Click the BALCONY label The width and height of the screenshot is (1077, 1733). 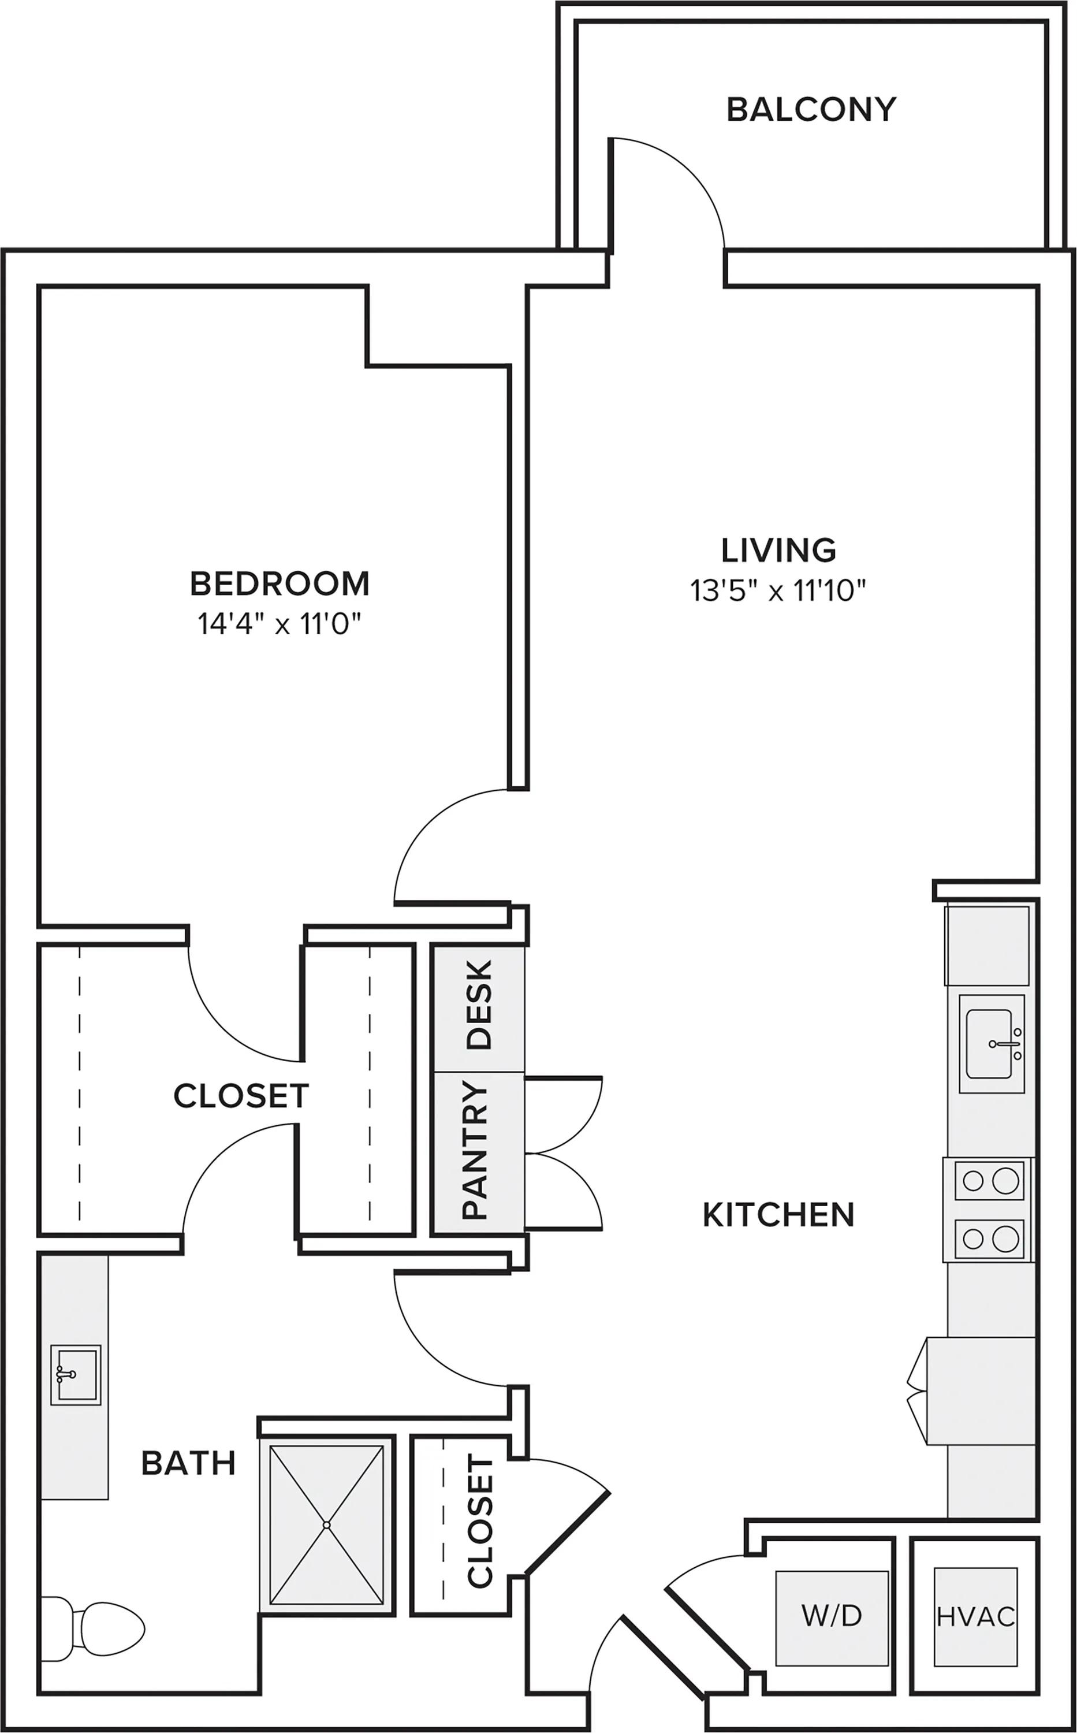pyautogui.click(x=811, y=110)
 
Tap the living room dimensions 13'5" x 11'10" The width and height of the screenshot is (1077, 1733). pyautogui.click(x=778, y=591)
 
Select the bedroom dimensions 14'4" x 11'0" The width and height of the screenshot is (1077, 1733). pyautogui.click(x=280, y=625)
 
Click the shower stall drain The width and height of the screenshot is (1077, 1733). pyautogui.click(x=326, y=1525)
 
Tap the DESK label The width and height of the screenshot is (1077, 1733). pyautogui.click(x=479, y=1004)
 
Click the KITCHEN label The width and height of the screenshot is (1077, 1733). pyautogui.click(x=778, y=1215)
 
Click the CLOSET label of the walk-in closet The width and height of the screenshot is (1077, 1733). pyautogui.click(x=241, y=1095)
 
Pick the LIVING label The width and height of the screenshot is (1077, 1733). pyautogui.click(x=778, y=550)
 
